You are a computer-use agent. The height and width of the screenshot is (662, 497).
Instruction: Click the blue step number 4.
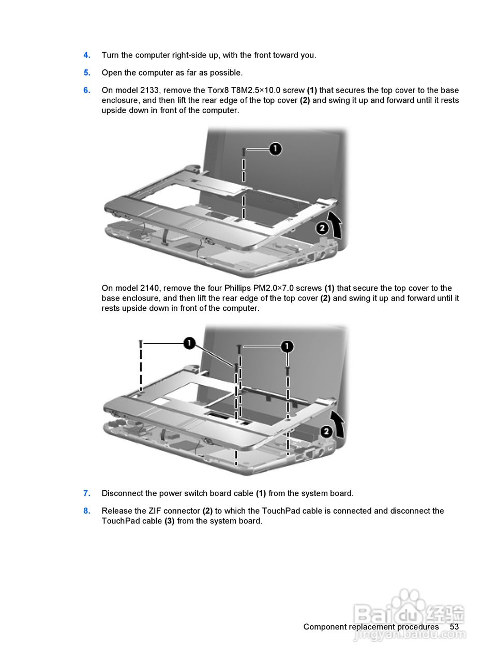(87, 55)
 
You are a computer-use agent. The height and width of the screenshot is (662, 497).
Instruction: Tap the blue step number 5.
(87, 73)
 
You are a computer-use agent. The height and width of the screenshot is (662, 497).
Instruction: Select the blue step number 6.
(87, 91)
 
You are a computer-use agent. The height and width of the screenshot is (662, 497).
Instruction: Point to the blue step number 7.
(87, 493)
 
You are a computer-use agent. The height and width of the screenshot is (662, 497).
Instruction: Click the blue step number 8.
(87, 511)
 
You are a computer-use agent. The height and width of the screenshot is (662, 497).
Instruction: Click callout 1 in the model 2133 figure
(276, 149)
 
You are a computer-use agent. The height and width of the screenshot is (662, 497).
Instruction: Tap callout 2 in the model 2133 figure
(322, 228)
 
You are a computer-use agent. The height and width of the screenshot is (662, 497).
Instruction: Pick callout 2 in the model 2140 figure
(326, 431)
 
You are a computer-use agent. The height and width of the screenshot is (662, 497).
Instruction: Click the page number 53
(454, 627)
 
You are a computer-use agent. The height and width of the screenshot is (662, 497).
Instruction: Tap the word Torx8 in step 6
(218, 91)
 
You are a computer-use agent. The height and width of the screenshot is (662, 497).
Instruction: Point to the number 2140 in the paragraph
(149, 289)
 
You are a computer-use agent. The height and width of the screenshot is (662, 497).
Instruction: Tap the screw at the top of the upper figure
(244, 152)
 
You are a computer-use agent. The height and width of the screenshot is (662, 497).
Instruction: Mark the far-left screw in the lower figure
(140, 343)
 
